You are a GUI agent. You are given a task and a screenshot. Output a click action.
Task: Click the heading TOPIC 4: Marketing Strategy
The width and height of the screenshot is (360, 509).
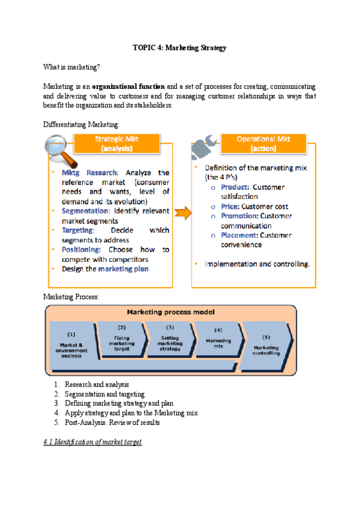coord(179,48)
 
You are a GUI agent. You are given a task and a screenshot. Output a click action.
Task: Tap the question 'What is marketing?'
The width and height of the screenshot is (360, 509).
coord(71,67)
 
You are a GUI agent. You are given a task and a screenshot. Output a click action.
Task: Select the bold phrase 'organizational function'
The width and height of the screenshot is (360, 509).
coord(128,86)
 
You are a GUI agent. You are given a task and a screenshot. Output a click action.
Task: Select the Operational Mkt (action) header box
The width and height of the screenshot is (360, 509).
coord(263,143)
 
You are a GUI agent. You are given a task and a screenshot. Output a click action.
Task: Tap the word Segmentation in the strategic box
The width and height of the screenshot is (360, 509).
coord(86,211)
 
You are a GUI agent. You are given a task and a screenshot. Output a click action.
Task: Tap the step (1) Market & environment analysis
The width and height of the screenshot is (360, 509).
coord(71,345)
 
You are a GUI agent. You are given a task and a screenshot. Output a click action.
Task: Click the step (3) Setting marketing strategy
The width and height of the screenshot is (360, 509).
coord(170,339)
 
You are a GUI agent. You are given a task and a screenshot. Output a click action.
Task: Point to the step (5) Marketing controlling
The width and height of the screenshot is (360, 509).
coord(266,345)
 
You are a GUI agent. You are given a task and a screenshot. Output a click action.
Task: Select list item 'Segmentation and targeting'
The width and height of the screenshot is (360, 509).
coord(104,394)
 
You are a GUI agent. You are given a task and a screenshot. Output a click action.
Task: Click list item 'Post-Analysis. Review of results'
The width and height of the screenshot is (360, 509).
coord(112,423)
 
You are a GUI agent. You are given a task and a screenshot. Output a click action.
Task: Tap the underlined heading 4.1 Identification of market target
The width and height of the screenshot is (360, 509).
coord(93,442)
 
